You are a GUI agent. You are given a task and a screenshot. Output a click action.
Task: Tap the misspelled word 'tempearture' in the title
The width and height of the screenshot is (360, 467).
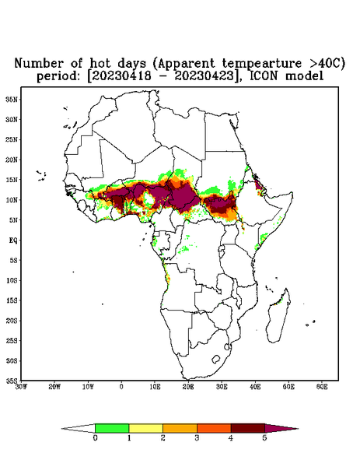262,64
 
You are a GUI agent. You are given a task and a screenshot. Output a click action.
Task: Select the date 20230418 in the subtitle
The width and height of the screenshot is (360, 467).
121,75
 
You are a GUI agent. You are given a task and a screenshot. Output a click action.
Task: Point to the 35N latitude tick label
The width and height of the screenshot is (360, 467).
12,100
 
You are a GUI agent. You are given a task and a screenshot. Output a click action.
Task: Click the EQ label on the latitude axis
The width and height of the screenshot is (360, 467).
13,240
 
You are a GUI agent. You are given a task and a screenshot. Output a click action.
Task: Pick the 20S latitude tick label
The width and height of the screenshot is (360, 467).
12,321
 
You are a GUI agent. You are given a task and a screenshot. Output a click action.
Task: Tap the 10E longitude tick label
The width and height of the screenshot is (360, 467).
155,387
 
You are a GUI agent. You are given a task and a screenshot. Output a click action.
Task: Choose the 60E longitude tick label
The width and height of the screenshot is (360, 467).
322,387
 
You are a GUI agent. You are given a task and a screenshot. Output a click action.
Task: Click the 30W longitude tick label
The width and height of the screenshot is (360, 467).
21,387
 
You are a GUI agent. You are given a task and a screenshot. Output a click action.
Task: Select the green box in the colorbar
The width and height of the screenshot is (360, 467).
112,428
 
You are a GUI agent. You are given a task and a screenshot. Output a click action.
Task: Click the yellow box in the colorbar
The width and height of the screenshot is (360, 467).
145,428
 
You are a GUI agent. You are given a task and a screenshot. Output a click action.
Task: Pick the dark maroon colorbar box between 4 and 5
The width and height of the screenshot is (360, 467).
248,428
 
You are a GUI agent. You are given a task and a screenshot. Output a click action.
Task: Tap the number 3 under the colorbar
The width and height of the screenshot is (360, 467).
197,438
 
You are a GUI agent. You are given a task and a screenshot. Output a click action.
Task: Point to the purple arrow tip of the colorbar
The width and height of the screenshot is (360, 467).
298,429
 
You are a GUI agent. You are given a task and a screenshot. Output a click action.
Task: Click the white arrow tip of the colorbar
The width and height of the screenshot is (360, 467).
62,429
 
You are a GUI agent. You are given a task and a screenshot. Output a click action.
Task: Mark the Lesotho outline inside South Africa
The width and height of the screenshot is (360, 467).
216,359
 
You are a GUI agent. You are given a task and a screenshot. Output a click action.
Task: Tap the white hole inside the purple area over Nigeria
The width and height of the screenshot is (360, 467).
149,198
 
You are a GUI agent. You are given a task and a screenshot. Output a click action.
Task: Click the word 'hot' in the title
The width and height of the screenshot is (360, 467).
100,64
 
